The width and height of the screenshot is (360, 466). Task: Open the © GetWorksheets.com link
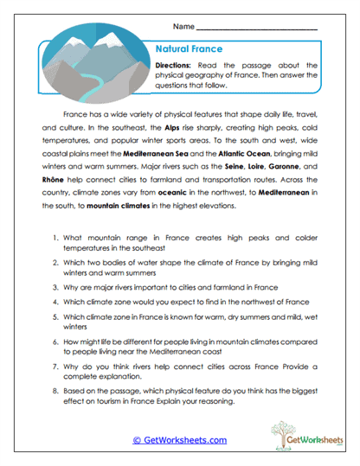[180, 440]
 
